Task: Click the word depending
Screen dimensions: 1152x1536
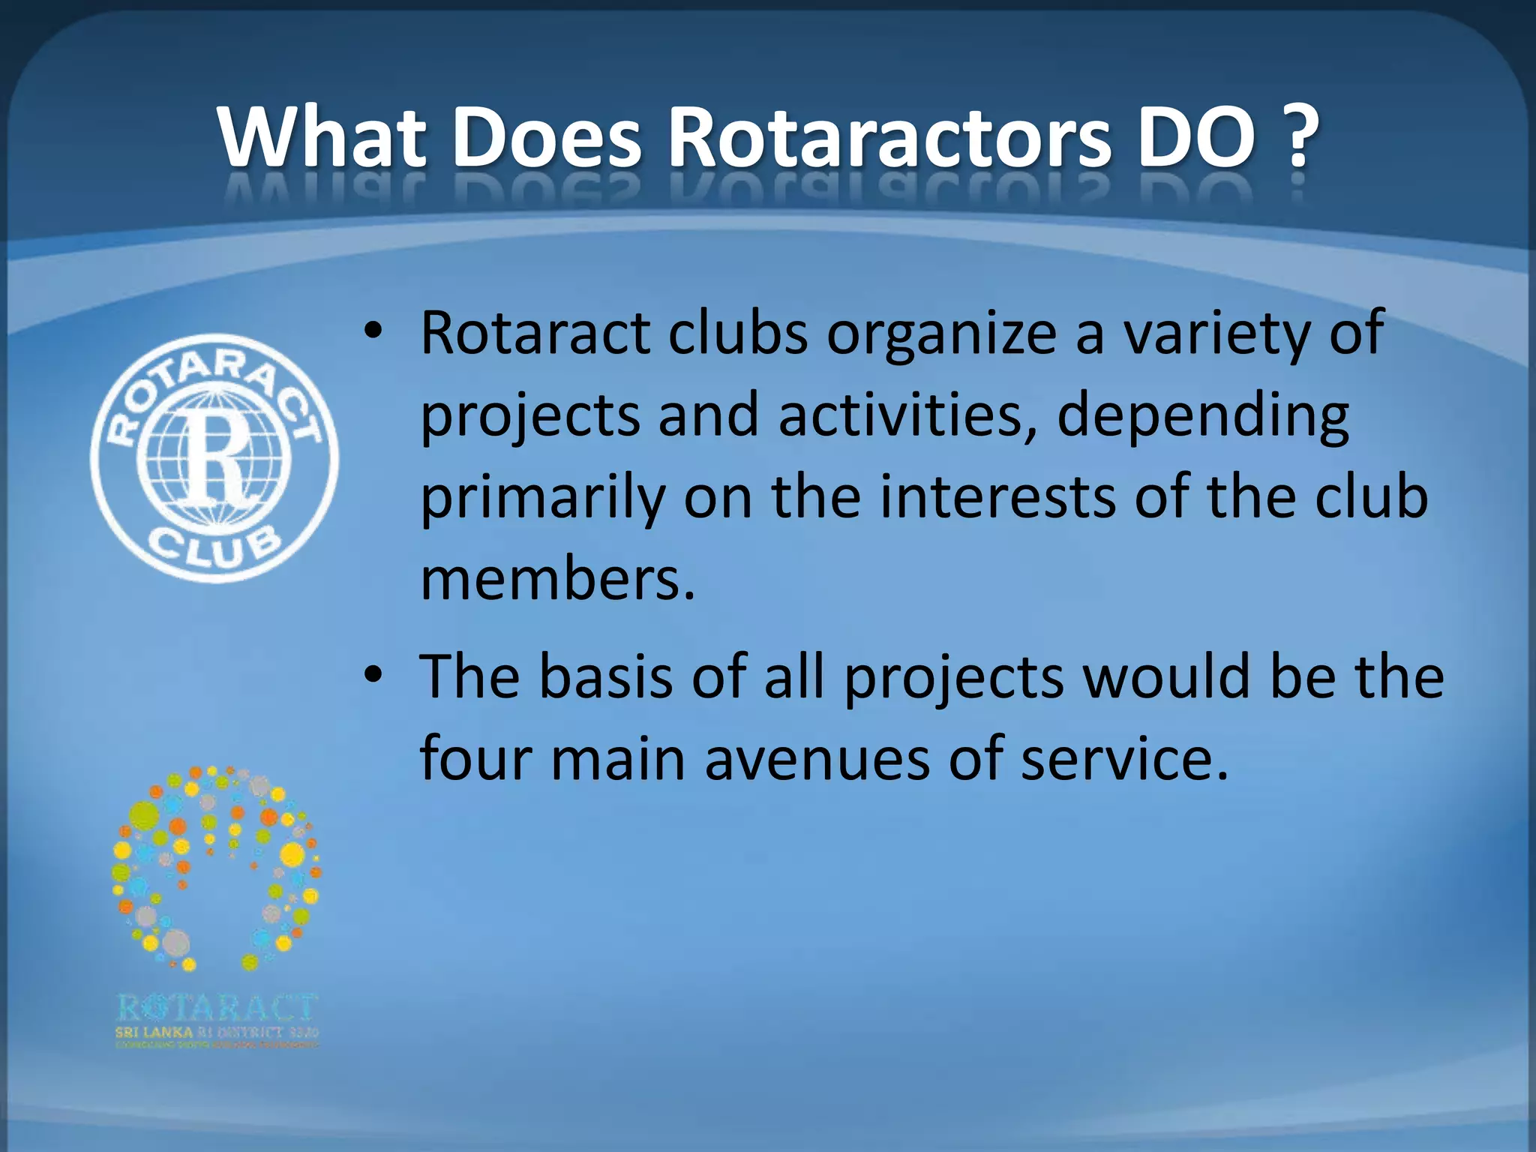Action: (x=1203, y=417)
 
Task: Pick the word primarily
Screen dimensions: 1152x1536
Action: (x=543, y=499)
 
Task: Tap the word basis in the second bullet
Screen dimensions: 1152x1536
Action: (x=606, y=676)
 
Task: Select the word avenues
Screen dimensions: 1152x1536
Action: (x=816, y=758)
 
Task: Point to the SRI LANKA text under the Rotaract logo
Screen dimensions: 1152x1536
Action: (x=153, y=1032)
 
